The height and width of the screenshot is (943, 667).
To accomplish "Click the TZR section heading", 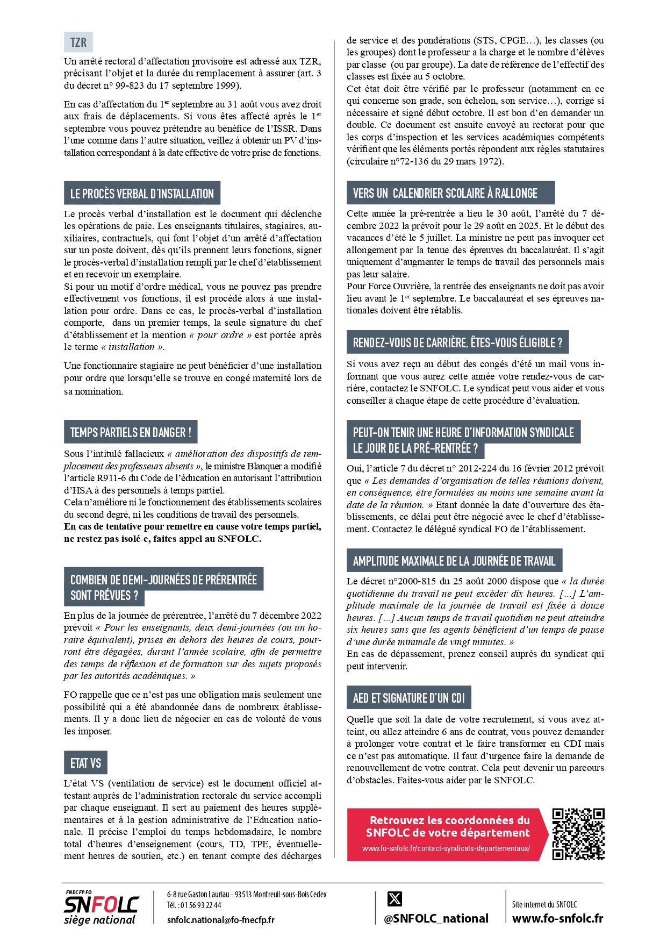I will pos(78,42).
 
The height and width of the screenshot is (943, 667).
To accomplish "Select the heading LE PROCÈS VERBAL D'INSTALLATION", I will pos(142,194).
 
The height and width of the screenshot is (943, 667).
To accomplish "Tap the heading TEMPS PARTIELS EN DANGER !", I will pos(131,432).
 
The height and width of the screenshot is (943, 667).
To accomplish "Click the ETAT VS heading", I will pos(85,763).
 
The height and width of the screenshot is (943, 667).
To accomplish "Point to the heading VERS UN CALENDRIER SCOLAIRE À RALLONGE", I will pos(445,193).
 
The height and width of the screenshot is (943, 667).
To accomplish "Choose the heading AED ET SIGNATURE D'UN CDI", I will pos(408,698).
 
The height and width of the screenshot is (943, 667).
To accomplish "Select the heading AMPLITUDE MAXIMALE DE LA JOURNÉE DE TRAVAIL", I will pos(454,561).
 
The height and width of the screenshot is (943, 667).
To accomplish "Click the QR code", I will pos(578,834).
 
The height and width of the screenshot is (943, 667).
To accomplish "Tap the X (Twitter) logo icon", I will pos(395,898).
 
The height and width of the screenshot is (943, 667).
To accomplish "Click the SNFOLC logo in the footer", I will pos(101,908).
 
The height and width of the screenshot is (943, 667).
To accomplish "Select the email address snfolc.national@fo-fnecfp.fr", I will pos(220,920).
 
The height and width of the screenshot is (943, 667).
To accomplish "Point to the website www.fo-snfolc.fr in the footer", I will pos(557,918).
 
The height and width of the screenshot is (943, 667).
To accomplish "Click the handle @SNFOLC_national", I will pos(436,918).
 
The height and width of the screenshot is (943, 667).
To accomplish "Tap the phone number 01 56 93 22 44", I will pos(200,905).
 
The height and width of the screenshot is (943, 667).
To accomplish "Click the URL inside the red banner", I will pos(446,848).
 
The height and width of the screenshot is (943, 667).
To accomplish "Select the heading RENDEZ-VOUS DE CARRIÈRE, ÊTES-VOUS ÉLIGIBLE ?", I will pos(457,342).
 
